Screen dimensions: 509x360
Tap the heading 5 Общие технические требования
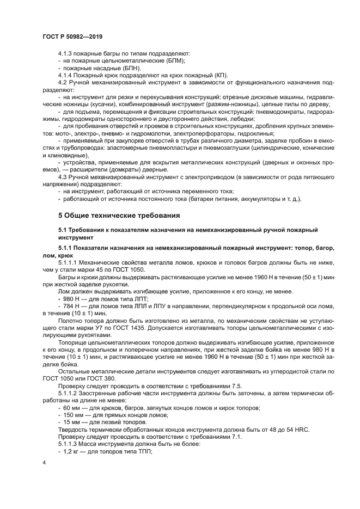119,216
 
